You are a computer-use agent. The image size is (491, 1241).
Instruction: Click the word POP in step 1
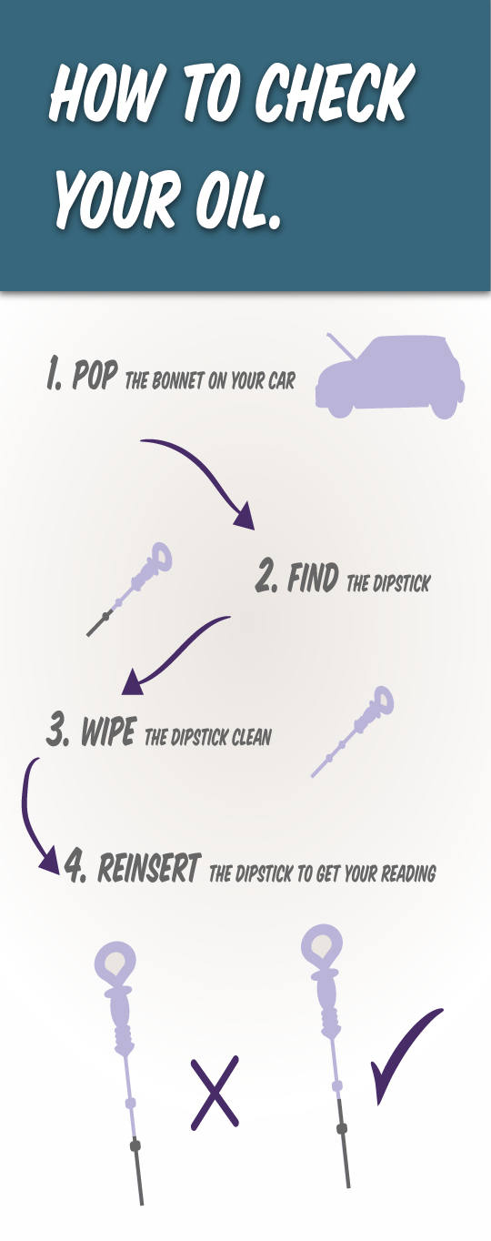pos(95,375)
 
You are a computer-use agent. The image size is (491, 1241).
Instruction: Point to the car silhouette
pos(390,377)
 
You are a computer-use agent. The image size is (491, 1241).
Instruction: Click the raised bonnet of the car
pos(340,346)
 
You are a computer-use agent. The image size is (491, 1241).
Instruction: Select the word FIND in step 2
pos(313,578)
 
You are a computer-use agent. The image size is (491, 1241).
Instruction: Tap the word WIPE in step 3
pos(108,731)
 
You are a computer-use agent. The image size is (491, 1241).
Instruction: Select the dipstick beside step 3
pos(353,731)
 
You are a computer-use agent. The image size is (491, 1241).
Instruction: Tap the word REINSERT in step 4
pos(148,868)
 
